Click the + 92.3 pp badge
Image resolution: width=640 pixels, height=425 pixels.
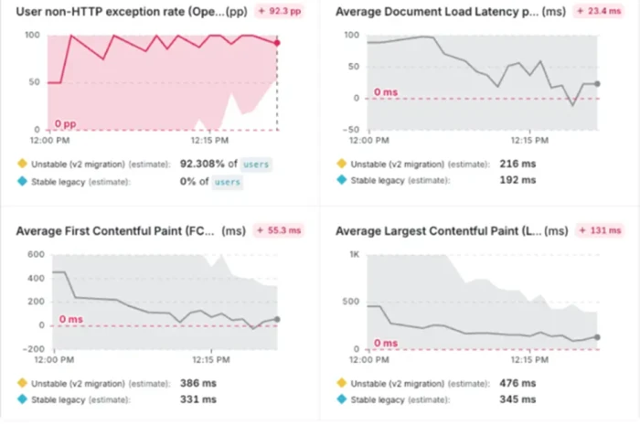point(280,11)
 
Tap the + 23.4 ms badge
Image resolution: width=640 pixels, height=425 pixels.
point(599,11)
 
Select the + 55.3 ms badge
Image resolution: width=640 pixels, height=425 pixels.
point(279,230)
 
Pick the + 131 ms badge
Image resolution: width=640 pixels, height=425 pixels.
point(601,230)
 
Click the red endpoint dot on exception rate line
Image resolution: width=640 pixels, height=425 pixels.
point(277,43)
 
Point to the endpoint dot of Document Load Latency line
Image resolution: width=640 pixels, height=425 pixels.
point(597,83)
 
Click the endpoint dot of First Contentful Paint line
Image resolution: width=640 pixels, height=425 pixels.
point(277,319)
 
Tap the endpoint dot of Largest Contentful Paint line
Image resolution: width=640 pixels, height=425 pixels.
point(597,337)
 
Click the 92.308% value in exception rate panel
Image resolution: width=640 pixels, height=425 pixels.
point(202,164)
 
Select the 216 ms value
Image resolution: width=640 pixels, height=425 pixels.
point(517,164)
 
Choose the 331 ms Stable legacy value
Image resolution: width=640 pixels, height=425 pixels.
point(198,399)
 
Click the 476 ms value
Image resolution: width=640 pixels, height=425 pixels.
point(517,383)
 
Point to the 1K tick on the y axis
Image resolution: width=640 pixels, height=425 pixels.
point(355,254)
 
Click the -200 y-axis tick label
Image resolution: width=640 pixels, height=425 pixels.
point(34,349)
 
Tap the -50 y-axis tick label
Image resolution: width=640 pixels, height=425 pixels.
point(351,130)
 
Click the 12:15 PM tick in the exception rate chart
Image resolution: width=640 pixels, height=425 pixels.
point(209,141)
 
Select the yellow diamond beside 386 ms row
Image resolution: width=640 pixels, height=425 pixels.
point(22,383)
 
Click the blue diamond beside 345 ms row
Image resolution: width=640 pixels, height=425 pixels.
point(342,399)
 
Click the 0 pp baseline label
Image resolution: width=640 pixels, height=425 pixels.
point(65,123)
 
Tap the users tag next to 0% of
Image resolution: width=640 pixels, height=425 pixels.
point(228,182)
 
